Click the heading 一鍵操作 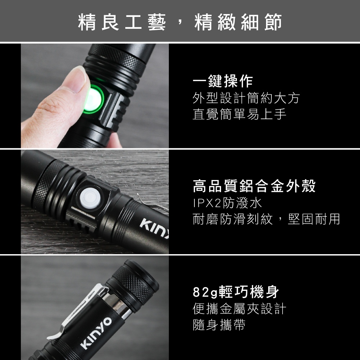(x=223, y=81)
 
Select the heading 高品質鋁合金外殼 (x=254, y=186)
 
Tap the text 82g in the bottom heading (x=205, y=292)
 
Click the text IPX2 (x=207, y=203)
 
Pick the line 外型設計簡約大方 (x=246, y=98)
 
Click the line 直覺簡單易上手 (x=239, y=114)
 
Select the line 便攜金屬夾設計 (x=239, y=309)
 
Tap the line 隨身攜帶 (x=219, y=325)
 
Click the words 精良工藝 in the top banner (x=122, y=22)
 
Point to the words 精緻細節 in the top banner (x=238, y=22)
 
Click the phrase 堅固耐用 (x=314, y=219)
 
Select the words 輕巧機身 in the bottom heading (x=249, y=292)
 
